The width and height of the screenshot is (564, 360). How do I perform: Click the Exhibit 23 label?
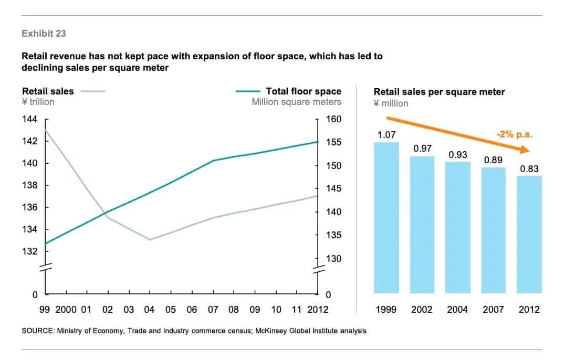point(44,34)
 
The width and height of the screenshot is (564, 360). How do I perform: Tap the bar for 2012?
point(529,235)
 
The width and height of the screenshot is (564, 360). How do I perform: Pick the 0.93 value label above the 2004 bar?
point(458,155)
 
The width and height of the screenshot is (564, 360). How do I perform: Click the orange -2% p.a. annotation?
point(514,134)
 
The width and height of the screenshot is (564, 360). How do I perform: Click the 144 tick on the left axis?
point(29,119)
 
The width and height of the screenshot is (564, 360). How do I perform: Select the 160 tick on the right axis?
point(334,119)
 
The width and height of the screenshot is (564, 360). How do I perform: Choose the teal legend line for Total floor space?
point(248,91)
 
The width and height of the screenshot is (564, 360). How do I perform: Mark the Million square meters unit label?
point(296,102)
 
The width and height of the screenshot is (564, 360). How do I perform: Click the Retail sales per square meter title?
point(439,92)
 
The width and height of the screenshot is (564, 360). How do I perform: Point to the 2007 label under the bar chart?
point(494,310)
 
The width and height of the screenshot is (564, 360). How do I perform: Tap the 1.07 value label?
point(387,135)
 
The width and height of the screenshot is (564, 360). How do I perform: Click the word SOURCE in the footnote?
point(39,331)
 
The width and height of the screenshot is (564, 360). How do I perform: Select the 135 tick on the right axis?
point(334,235)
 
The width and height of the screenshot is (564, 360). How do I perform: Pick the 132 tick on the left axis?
point(29,251)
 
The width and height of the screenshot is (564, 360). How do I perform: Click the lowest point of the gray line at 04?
point(150,240)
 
